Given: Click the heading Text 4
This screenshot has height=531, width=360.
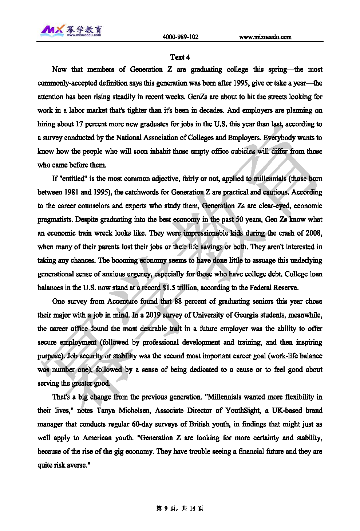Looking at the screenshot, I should tap(180, 57).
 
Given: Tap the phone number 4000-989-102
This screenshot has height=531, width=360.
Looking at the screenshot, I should tap(180, 37).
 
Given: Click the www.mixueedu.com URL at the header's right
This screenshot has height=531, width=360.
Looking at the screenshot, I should tap(265, 37).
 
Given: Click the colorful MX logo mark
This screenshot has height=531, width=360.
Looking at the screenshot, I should tap(52, 30).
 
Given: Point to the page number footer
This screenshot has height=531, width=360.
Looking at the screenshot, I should tap(180, 508).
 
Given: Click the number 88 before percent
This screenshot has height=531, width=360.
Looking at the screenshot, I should tap(178, 301).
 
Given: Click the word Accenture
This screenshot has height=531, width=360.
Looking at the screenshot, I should tap(122, 301).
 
